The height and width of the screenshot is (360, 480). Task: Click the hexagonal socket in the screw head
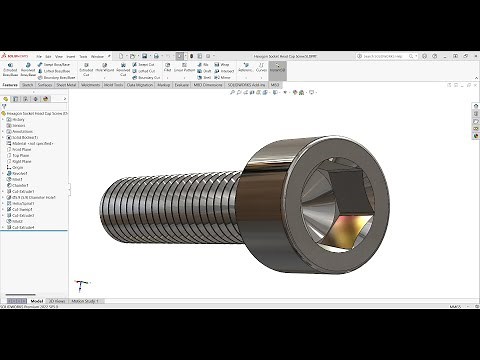346,201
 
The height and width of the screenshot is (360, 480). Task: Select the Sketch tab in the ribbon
29,86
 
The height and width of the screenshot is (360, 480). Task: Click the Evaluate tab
182,86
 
